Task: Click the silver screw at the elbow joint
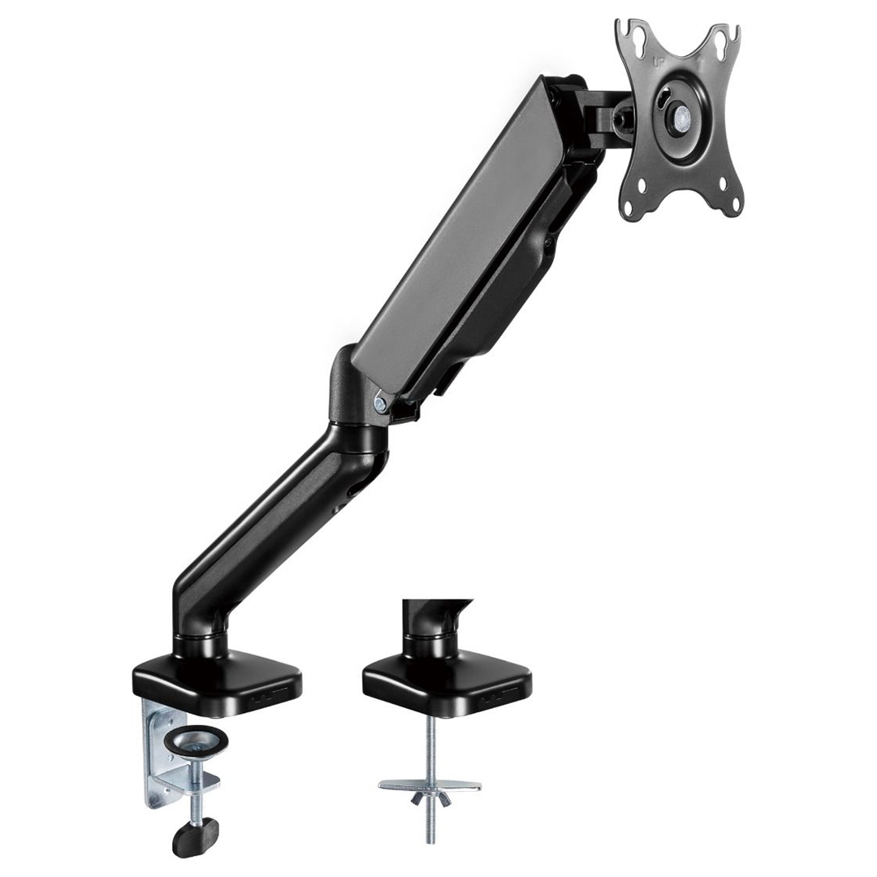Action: tap(380, 401)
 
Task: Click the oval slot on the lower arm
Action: tap(355, 490)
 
